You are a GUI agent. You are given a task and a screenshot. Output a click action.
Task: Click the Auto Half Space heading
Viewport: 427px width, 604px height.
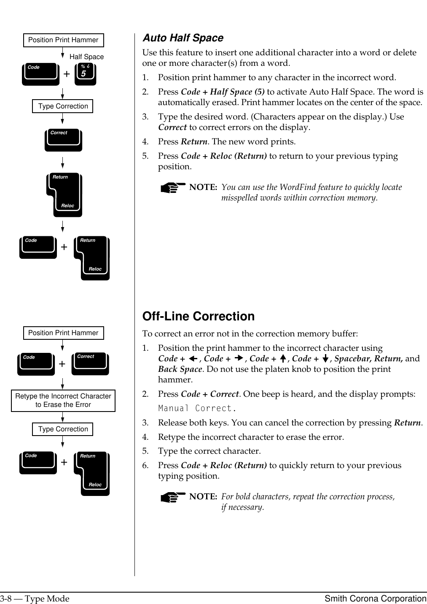(x=183, y=38)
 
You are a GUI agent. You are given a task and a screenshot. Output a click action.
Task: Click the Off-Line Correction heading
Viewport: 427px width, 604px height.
(x=198, y=316)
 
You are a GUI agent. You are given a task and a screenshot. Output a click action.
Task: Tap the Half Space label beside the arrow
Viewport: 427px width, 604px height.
(x=86, y=57)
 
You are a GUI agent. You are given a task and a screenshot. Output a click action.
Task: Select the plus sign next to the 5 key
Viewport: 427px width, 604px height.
(x=67, y=74)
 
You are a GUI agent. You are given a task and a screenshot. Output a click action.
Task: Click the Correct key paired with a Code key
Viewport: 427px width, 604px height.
(x=90, y=363)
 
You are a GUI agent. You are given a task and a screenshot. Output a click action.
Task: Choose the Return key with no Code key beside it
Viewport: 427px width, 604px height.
(x=64, y=195)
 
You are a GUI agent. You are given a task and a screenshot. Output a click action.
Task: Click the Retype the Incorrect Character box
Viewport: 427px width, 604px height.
(x=63, y=401)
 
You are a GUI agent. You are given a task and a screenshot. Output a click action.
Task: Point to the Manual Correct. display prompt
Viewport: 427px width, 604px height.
(x=197, y=408)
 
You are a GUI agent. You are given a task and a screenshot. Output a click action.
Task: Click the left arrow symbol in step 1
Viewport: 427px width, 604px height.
(x=193, y=359)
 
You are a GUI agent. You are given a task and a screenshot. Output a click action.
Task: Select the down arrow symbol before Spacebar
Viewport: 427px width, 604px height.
(x=325, y=359)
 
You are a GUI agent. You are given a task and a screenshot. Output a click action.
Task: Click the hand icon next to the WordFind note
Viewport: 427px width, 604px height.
(x=173, y=188)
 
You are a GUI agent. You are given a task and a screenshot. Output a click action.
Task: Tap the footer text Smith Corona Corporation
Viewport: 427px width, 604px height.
(x=375, y=599)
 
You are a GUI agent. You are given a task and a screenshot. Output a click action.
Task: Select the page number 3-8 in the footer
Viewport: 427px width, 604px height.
(x=5, y=599)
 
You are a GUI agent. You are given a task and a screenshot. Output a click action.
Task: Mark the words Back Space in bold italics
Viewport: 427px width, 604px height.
(x=180, y=369)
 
